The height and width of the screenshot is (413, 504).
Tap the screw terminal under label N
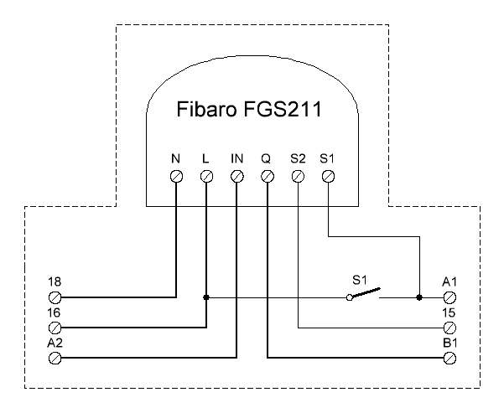pos(176,176)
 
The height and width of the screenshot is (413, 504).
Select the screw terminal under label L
pos(206,176)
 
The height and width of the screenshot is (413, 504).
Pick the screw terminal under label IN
pos(236,176)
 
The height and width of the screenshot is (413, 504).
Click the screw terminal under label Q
pos(268,176)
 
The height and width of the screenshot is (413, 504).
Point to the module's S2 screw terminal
pos(298,176)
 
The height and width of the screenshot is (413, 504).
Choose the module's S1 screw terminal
pos(329,176)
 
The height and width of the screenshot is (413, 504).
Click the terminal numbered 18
pos(55,297)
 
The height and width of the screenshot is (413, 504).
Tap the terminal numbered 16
pos(55,327)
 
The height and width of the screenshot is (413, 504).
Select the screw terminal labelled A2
pos(55,358)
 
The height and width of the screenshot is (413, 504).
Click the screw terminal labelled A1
pos(449,297)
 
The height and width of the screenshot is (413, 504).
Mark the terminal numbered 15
pos(449,327)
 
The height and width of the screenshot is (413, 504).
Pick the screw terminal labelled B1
pos(449,358)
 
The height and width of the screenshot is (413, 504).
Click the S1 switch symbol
pos(364,294)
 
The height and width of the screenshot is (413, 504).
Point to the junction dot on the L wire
pos(206,297)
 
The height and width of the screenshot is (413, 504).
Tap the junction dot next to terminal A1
pos(418,297)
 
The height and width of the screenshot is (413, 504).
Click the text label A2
pos(56,343)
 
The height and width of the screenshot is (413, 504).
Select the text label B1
pos(449,343)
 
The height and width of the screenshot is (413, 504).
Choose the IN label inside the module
pos(236,157)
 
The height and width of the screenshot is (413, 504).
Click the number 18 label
pos(55,282)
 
